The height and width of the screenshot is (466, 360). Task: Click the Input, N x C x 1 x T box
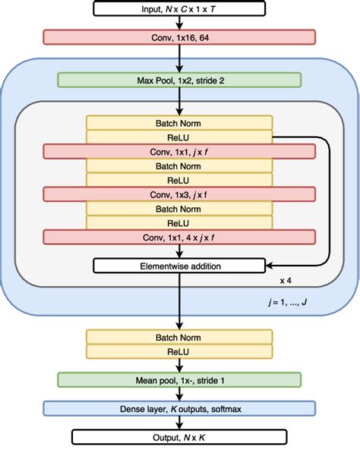click(x=179, y=9)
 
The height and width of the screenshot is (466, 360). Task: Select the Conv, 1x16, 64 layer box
click(x=179, y=36)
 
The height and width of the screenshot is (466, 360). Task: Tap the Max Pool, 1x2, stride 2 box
click(x=179, y=79)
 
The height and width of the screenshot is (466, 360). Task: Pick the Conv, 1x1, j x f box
click(x=179, y=152)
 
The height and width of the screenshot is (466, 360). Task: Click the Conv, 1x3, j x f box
click(x=179, y=194)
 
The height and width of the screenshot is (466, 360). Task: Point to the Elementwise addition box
click(x=179, y=265)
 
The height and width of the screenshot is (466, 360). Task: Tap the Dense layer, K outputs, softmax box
click(x=179, y=408)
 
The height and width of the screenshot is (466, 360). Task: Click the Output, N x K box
click(x=179, y=436)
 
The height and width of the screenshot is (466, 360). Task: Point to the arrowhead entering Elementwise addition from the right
click(x=270, y=265)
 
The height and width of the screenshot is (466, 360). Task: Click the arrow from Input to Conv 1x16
click(x=179, y=23)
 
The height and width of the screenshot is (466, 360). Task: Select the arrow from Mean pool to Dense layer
click(x=179, y=394)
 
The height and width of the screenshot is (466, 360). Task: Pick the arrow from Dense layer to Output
click(x=179, y=423)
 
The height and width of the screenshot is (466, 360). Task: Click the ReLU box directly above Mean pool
click(x=179, y=351)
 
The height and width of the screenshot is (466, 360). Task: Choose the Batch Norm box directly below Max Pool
click(x=179, y=122)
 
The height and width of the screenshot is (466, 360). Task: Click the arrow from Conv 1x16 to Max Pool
click(x=179, y=58)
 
